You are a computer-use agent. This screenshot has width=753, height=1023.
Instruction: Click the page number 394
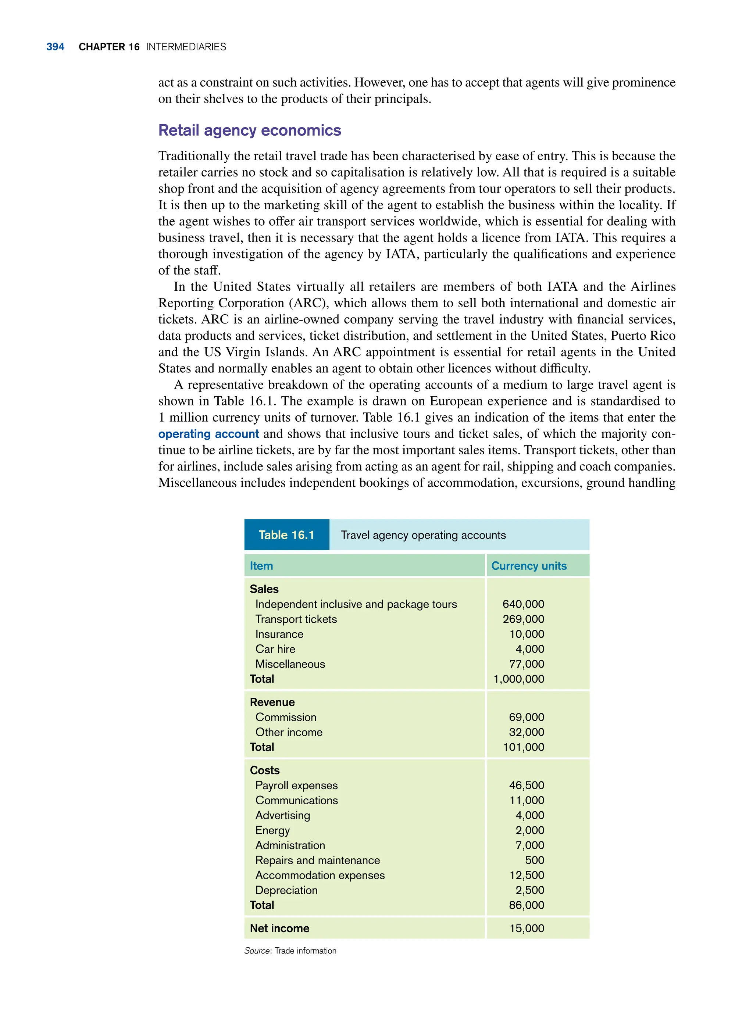(55, 47)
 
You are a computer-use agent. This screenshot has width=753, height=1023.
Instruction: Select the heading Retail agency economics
(249, 130)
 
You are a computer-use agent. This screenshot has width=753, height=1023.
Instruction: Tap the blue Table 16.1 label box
(286, 534)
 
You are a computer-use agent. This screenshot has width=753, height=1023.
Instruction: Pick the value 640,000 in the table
(523, 604)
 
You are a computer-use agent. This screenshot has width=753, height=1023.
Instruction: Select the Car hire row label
(275, 649)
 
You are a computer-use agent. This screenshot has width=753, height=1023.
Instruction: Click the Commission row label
(285, 717)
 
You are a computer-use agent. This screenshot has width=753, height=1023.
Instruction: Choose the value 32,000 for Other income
(527, 732)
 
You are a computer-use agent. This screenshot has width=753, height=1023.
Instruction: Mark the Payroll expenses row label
(296, 785)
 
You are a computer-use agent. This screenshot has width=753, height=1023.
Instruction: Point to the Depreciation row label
(286, 890)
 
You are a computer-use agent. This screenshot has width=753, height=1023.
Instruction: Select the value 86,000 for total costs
(527, 905)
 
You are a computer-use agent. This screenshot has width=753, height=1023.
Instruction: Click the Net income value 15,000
(527, 928)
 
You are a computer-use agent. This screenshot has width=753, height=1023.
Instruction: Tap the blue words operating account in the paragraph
(208, 434)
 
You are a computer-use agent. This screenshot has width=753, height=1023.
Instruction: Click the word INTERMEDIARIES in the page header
(186, 47)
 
